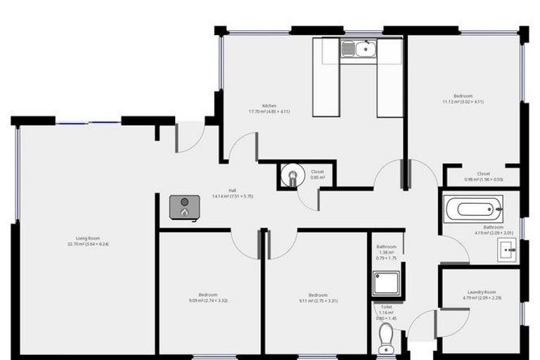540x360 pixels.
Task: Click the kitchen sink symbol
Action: pyautogui.click(x=359, y=49)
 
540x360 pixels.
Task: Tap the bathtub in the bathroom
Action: pyautogui.click(x=473, y=207)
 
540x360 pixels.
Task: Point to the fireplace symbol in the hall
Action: pyautogui.click(x=184, y=207)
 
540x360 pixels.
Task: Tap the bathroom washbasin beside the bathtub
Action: pyautogui.click(x=508, y=249)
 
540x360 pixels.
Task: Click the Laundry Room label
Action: pyautogui.click(x=482, y=292)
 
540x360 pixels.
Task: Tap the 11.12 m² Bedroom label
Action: pyautogui.click(x=463, y=96)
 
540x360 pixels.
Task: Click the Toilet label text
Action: pyautogui.click(x=386, y=307)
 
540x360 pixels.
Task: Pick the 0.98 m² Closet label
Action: pyautogui.click(x=483, y=174)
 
